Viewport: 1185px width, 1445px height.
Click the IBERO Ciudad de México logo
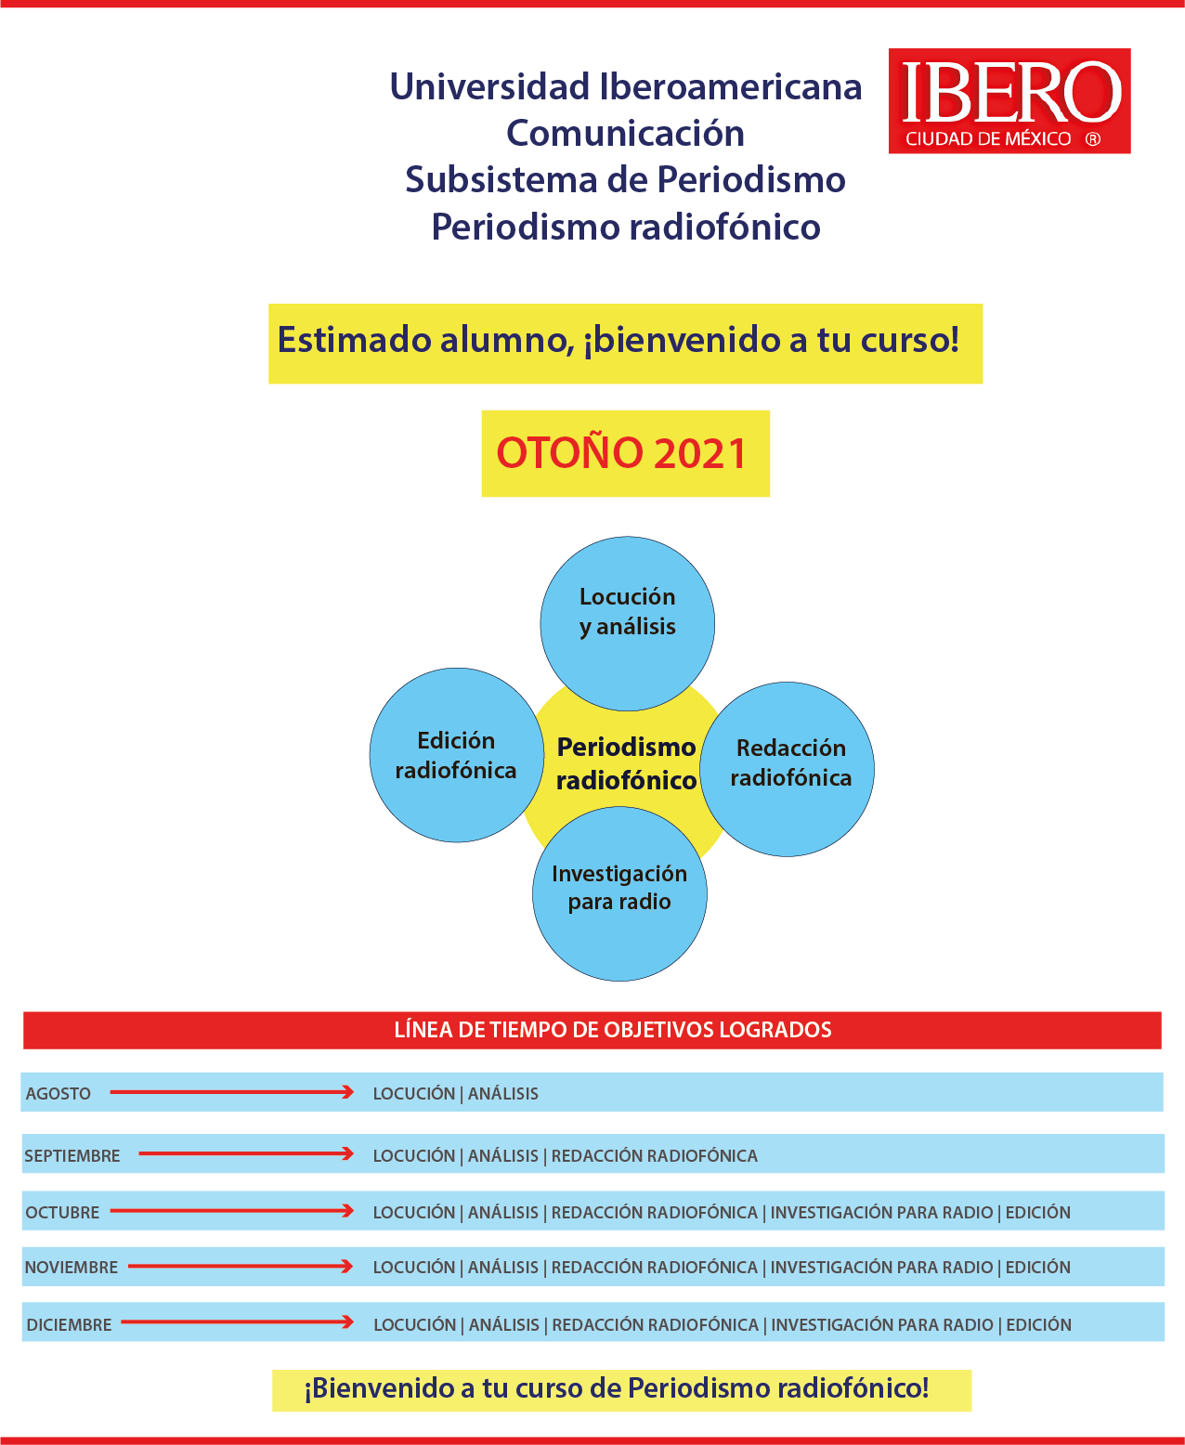pos(1009,101)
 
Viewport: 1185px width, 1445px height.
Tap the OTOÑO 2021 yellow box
pos(625,453)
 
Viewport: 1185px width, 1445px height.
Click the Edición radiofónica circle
pos(456,755)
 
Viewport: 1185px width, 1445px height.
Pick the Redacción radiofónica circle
pos(789,769)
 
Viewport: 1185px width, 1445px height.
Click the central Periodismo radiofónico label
pos(626,763)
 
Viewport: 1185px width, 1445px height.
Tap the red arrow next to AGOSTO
pos(232,1092)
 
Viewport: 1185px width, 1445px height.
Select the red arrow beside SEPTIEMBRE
pos(246,1154)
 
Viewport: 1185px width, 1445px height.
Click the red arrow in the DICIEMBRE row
pos(238,1322)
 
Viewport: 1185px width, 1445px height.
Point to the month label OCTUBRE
pos(62,1213)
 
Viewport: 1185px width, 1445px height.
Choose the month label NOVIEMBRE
pos(72,1268)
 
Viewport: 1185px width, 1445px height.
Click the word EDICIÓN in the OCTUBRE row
pos(1038,1213)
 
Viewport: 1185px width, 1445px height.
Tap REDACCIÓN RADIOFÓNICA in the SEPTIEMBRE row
pos(655,1156)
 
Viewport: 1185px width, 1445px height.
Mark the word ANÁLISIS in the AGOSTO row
pos(503,1094)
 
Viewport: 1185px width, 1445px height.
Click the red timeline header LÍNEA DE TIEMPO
pos(613,1030)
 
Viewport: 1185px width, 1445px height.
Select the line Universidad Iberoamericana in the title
pos(626,87)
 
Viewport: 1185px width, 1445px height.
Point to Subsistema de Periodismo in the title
pos(626,179)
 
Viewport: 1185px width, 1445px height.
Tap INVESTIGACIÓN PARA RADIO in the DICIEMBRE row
pos(882,1325)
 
